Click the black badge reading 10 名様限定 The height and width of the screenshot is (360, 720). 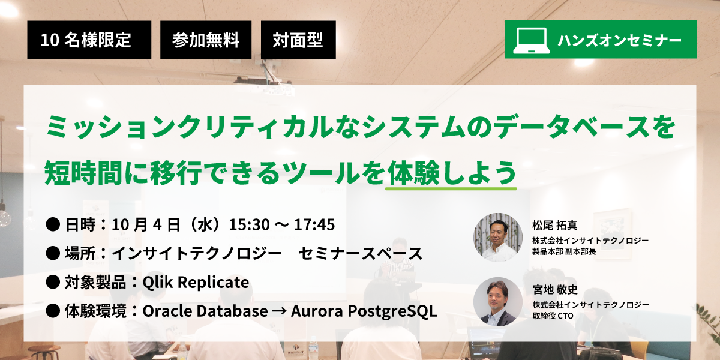tap(89, 40)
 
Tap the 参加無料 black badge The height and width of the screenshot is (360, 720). tap(206, 40)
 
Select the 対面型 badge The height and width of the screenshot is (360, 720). tap(298, 40)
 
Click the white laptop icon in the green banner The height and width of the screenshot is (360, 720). tap(531, 40)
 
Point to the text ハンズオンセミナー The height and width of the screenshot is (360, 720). tap(620, 41)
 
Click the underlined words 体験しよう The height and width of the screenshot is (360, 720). tap(452, 173)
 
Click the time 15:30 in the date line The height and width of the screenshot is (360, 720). tap(249, 224)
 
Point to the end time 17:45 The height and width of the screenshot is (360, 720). tap(314, 224)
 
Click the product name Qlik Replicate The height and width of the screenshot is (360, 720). tap(196, 282)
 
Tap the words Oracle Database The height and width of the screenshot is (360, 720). tap(205, 311)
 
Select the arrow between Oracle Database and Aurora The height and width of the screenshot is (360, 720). tap(279, 311)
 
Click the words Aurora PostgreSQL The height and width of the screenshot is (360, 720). tap(364, 311)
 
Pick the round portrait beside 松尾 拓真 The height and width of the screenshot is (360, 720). tap(498, 237)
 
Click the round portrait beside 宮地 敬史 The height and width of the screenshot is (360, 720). tap(498, 302)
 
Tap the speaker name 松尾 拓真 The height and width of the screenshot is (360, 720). tap(555, 225)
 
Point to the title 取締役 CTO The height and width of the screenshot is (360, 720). tap(553, 316)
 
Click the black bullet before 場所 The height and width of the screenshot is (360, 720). tap(53, 253)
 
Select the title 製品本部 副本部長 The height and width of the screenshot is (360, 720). tap(564, 251)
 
